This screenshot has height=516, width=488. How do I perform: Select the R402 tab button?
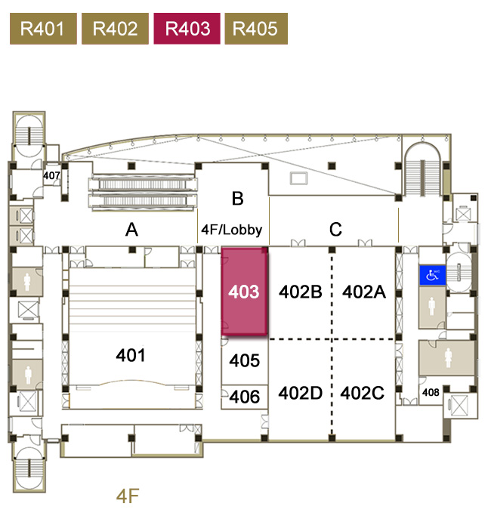[115, 29]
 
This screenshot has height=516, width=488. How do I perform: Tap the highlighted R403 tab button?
[187, 29]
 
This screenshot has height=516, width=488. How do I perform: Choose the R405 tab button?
[255, 29]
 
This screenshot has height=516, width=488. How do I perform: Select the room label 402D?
[301, 393]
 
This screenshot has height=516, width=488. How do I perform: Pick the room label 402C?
[363, 393]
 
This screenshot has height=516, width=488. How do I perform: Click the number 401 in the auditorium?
[131, 354]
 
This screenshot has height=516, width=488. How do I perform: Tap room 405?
[245, 361]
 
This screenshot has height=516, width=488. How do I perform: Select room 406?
[245, 397]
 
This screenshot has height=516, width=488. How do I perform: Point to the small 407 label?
[51, 177]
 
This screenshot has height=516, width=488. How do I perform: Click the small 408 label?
[431, 392]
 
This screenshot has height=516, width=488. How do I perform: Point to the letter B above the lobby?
[237, 199]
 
